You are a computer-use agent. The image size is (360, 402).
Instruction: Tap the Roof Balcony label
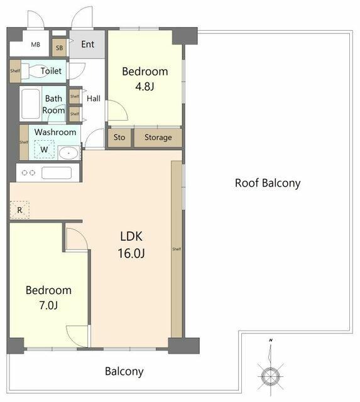[x=268, y=183]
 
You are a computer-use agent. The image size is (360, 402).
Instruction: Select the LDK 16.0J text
[x=131, y=244]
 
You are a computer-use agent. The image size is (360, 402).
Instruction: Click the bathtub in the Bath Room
[x=31, y=104]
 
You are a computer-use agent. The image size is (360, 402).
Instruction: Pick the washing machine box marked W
[x=44, y=149]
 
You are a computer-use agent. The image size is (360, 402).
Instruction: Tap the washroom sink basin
[x=68, y=153]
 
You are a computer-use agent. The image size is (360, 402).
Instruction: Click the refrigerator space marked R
[x=19, y=210]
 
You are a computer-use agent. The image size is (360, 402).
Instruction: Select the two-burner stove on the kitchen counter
[x=28, y=173]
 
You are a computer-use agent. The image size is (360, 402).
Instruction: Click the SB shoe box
[x=59, y=48]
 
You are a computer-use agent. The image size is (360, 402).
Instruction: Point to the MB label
[x=36, y=45]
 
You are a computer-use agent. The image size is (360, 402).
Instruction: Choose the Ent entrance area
[x=87, y=45]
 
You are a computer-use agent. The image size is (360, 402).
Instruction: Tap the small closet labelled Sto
[x=119, y=138]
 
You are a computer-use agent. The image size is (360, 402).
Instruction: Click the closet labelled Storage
[x=158, y=138]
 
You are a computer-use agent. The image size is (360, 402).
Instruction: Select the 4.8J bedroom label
[x=145, y=79]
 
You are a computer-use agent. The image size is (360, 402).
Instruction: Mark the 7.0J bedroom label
[x=48, y=298]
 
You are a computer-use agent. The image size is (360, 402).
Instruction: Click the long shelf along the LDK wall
[x=177, y=249]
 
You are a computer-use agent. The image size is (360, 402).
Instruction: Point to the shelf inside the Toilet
[x=15, y=71]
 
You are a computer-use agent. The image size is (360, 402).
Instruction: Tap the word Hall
[x=94, y=99]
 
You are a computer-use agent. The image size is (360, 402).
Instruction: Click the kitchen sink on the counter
[x=57, y=173]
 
